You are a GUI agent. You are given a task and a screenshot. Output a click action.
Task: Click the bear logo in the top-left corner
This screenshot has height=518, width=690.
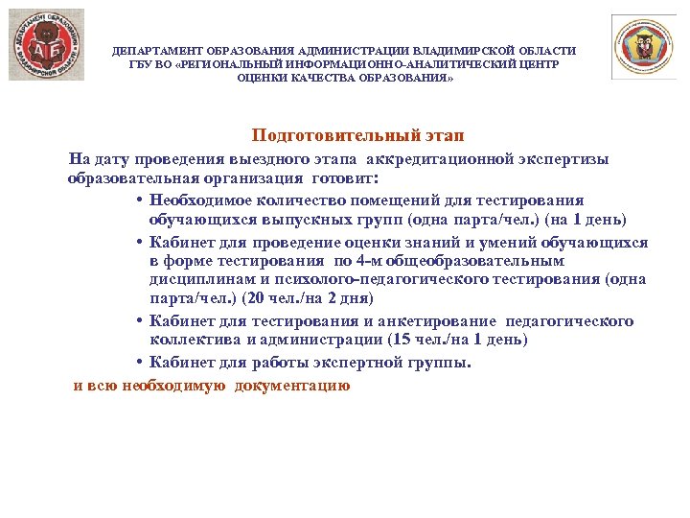[46, 45]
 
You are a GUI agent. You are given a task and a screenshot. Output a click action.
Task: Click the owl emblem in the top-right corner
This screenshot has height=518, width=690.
[643, 46]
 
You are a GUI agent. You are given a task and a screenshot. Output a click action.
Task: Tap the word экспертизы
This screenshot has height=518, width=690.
[566, 159]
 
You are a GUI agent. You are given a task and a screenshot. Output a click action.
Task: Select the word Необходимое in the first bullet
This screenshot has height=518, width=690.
[200, 200]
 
